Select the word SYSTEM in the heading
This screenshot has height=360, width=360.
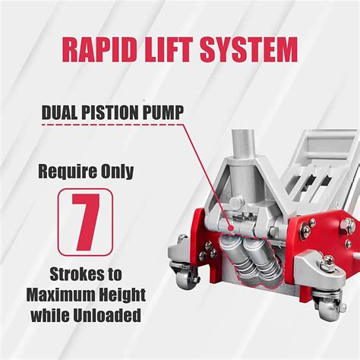(248, 49)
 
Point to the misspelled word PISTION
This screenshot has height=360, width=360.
(109, 112)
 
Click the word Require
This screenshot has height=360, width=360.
(68, 172)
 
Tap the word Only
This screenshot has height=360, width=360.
(117, 172)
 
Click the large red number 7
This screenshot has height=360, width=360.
(85, 222)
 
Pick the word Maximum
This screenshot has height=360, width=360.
(60, 295)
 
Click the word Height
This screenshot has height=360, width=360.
(122, 295)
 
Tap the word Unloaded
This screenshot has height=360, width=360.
(107, 316)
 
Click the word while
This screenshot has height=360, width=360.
(49, 316)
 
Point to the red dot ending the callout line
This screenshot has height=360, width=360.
(230, 228)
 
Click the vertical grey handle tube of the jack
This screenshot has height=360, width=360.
(242, 144)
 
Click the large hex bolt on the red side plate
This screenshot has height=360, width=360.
(348, 226)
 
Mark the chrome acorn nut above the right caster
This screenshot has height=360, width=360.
(329, 260)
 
